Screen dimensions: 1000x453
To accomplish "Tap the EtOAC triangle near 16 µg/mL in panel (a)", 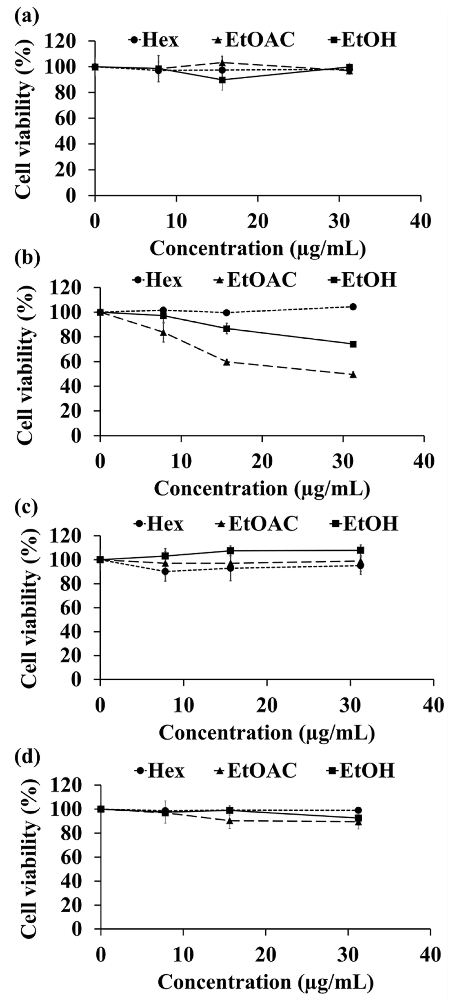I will (222, 62).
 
